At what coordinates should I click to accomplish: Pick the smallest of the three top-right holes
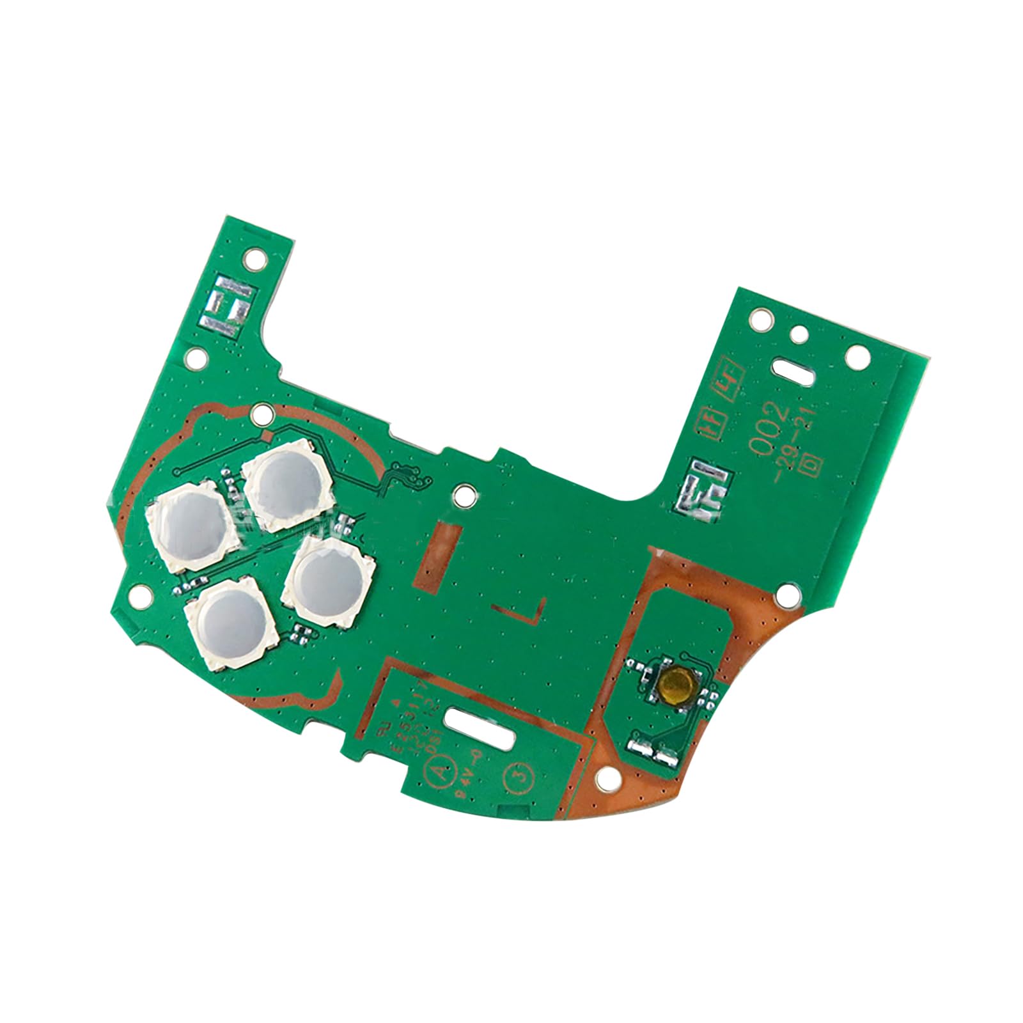(799, 334)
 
